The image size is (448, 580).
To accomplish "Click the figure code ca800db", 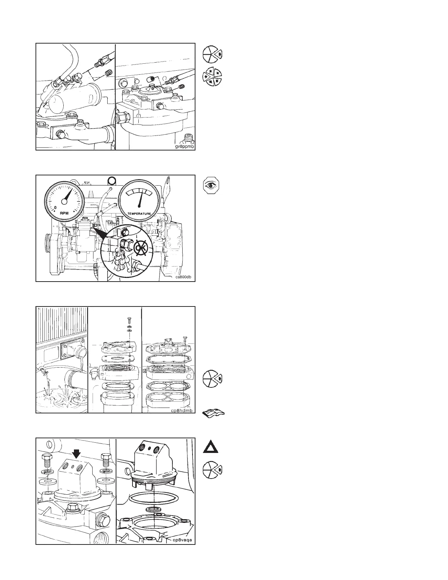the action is pyautogui.click(x=184, y=277).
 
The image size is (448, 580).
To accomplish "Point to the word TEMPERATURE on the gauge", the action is pyautogui.click(x=139, y=213).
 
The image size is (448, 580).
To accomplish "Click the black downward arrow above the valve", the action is pyautogui.click(x=76, y=454).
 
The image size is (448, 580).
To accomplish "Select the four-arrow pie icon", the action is pyautogui.click(x=213, y=76).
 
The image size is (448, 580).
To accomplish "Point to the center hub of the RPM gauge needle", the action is pyautogui.click(x=65, y=201).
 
